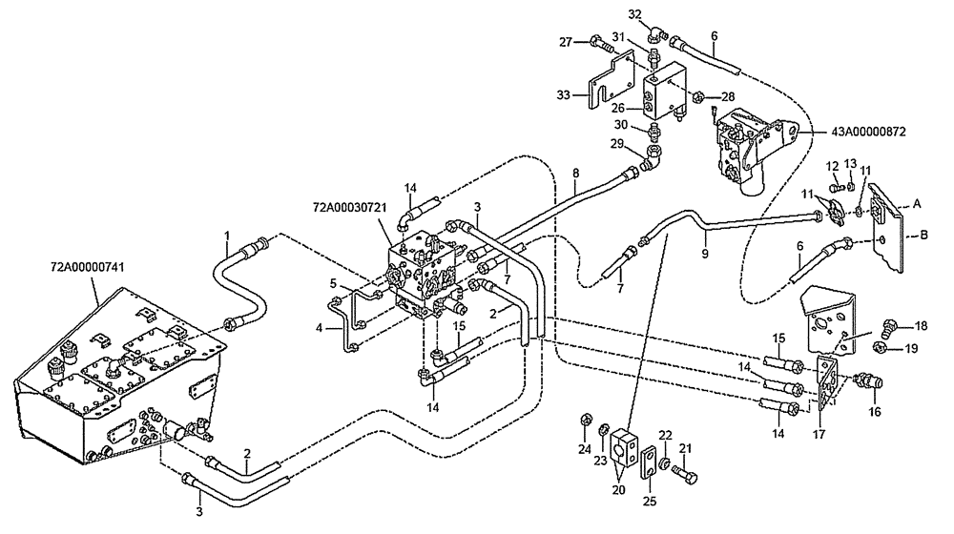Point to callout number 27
565,41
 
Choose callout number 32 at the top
635,13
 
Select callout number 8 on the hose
576,174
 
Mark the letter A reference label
917,203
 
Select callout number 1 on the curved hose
227,235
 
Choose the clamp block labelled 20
626,446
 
